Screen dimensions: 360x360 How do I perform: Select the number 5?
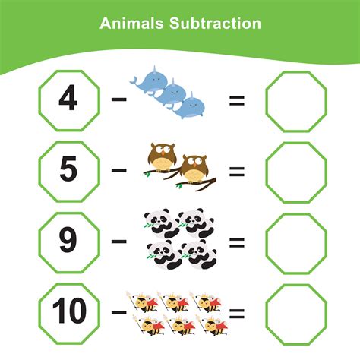point(68,171)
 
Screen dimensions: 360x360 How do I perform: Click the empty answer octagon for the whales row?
point(295,101)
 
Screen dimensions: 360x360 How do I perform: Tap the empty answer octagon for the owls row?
point(295,172)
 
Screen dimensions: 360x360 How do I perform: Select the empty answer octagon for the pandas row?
point(295,242)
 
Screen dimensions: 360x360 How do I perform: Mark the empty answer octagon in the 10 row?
point(295,312)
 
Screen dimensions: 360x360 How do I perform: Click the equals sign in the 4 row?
point(237,100)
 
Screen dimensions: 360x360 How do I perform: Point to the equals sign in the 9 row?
point(237,242)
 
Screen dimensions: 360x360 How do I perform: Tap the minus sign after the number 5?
point(118,171)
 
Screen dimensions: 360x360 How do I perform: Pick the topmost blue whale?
point(148,81)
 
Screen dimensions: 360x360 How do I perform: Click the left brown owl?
point(159,157)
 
